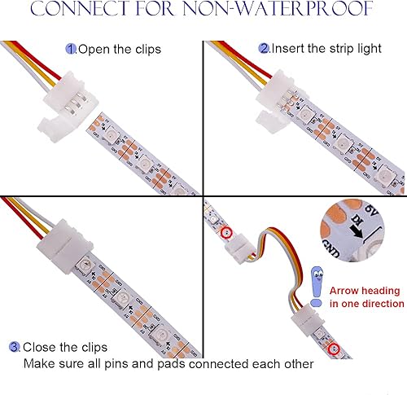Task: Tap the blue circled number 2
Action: (264, 48)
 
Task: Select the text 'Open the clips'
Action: (119, 49)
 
